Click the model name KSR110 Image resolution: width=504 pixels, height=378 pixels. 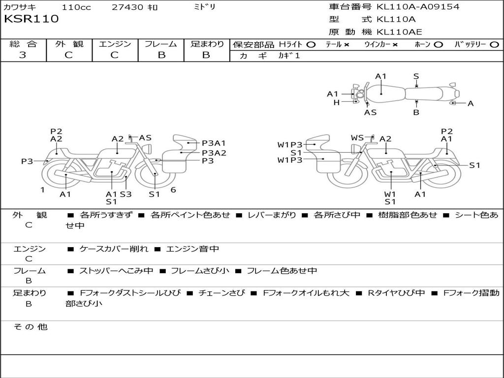pyautogui.click(x=31, y=19)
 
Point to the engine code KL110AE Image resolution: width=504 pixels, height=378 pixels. pyautogui.click(x=399, y=32)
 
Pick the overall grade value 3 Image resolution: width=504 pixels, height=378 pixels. pyautogui.click(x=23, y=55)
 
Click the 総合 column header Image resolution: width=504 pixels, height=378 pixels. pyautogui.click(x=23, y=44)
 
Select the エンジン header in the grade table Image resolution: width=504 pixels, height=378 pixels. pyautogui.click(x=115, y=44)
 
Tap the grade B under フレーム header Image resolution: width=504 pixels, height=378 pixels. pyautogui.click(x=161, y=55)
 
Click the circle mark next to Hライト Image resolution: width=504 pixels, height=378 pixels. pyautogui.click(x=311, y=44)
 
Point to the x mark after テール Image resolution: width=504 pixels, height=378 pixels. pyautogui.click(x=346, y=44)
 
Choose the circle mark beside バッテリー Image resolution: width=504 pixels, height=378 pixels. pyautogui.click(x=495, y=44)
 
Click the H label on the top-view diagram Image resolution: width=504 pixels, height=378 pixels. pyautogui.click(x=337, y=102)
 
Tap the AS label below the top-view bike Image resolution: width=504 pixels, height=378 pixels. pyautogui.click(x=370, y=112)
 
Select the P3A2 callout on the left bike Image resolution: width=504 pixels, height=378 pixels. pyautogui.click(x=214, y=153)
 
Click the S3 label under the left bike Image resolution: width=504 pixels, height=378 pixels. pyautogui.click(x=126, y=194)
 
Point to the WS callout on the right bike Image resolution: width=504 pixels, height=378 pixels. pyautogui.click(x=357, y=137)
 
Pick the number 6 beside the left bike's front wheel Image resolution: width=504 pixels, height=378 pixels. pyautogui.click(x=173, y=190)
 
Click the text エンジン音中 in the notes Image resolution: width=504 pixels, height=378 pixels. pyautogui.click(x=192, y=249)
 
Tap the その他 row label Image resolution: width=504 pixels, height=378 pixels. pyautogui.click(x=30, y=327)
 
